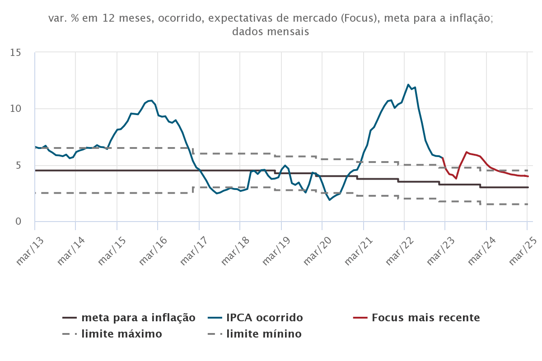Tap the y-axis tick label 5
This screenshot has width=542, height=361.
click(19, 165)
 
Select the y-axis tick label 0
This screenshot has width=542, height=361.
click(19, 222)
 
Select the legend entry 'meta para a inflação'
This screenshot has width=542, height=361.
click(138, 318)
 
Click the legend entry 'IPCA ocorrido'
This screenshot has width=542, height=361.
click(264, 318)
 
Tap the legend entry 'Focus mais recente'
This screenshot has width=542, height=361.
click(425, 318)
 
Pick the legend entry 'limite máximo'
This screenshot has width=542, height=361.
click(121, 334)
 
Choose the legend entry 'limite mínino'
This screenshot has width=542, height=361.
click(264, 334)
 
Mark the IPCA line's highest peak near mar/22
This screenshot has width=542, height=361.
click(408, 85)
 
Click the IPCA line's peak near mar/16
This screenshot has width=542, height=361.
click(152, 100)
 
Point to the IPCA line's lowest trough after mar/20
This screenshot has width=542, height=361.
click(330, 199)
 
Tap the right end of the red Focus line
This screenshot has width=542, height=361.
click(528, 176)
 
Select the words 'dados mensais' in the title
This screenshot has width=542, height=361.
click(271, 32)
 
